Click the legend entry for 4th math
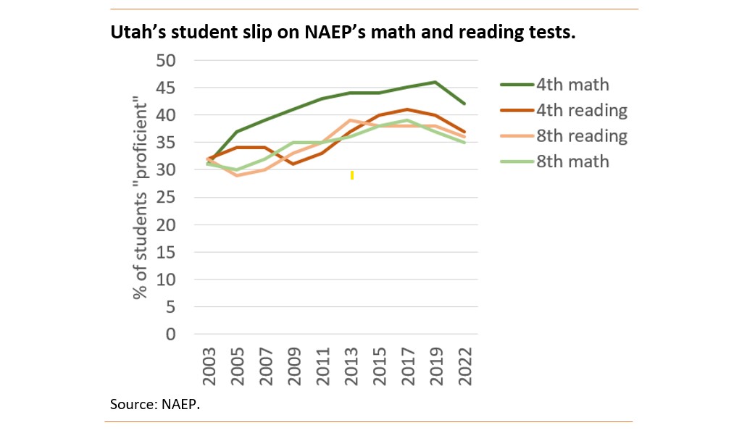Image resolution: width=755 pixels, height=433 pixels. point(572,85)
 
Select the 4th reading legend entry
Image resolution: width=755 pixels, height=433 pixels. point(581,111)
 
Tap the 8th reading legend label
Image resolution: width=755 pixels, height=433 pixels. point(581,136)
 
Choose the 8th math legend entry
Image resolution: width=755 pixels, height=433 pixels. point(572,161)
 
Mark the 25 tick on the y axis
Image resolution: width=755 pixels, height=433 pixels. point(167,197)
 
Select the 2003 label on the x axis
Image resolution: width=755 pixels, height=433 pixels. point(208,366)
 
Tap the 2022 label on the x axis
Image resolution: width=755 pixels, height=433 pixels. point(465,366)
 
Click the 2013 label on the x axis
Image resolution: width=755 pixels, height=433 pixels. point(351,366)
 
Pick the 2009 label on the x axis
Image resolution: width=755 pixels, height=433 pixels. point(293,366)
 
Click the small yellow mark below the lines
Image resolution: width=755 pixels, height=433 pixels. point(351,175)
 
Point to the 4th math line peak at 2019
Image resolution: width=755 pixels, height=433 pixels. point(435,82)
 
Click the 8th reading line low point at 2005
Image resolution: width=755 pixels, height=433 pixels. point(236,175)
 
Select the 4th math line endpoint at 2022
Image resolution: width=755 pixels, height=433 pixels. point(464,104)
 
